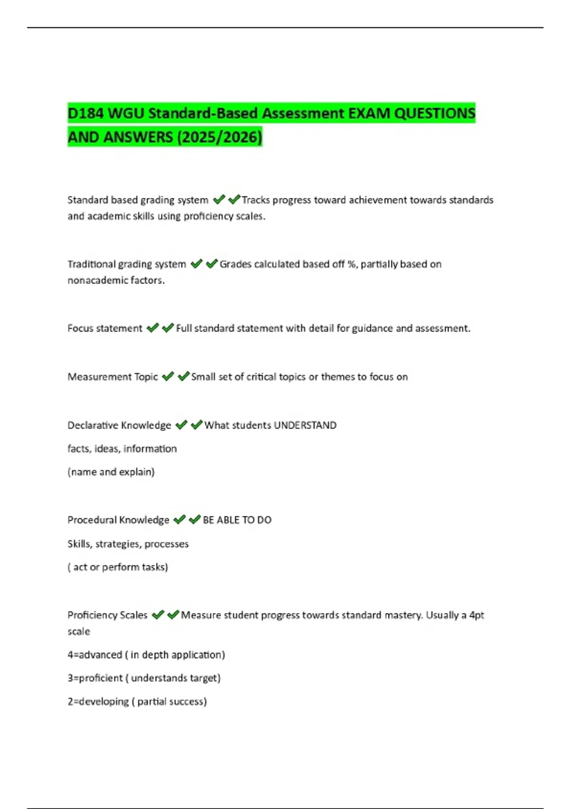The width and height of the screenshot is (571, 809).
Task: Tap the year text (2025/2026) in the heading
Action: (219, 137)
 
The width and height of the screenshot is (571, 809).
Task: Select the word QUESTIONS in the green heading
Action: (435, 113)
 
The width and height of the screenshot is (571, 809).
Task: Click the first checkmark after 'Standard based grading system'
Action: (219, 199)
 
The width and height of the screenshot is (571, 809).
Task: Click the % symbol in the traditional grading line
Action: (352, 264)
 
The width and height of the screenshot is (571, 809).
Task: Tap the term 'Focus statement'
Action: (105, 328)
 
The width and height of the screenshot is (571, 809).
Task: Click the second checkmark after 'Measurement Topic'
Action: (183, 376)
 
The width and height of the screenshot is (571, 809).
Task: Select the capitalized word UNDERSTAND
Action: (305, 425)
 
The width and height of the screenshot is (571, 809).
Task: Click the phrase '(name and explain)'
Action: (111, 472)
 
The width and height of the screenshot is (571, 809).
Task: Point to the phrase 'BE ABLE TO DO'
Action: (237, 520)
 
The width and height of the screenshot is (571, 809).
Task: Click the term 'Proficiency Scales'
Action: (108, 615)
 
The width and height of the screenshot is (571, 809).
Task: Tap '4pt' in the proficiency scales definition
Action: (476, 615)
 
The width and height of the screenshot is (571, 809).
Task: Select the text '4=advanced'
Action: (95, 655)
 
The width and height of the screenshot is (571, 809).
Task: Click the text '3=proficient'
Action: (95, 678)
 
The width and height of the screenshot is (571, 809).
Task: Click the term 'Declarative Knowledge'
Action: (119, 425)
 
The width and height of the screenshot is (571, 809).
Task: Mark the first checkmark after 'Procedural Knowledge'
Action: (179, 520)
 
